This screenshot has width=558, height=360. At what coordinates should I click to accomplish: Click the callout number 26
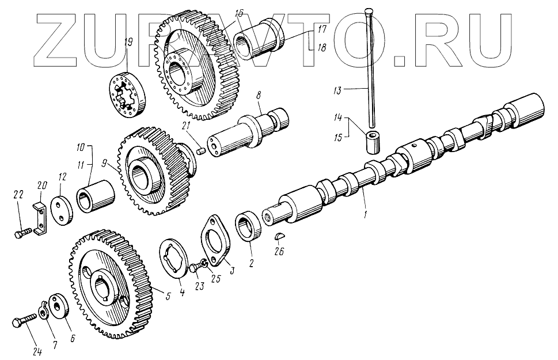(280, 251)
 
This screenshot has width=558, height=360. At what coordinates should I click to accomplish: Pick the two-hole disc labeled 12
(62, 211)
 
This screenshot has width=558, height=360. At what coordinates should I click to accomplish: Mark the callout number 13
(338, 90)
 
